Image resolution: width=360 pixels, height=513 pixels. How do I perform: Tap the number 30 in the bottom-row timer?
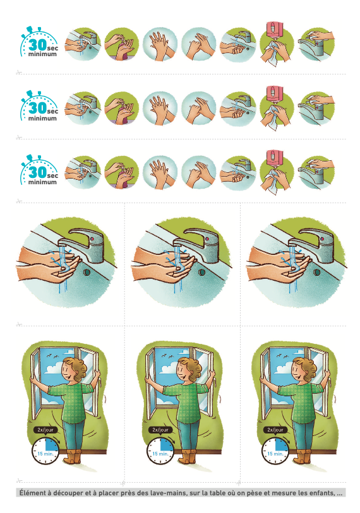click(x=37, y=172)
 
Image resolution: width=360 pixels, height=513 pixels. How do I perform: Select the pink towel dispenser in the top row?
click(x=275, y=30)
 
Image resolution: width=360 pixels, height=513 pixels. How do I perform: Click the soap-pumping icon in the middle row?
click(x=122, y=109)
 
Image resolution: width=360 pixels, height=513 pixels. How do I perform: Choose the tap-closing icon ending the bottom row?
click(x=316, y=172)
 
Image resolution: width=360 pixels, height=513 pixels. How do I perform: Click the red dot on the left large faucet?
click(x=92, y=239)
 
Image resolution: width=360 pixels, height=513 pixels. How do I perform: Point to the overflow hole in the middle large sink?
click(x=201, y=272)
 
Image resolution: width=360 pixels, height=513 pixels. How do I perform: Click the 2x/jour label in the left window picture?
click(x=45, y=430)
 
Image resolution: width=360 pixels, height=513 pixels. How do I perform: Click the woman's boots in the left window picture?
click(x=73, y=457)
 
